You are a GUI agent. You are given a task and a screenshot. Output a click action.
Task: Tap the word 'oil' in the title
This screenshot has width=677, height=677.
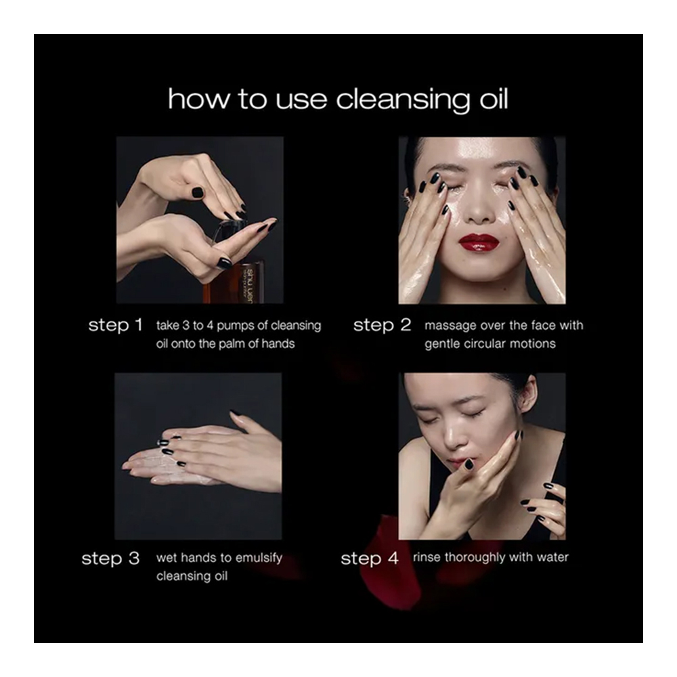tap(494, 98)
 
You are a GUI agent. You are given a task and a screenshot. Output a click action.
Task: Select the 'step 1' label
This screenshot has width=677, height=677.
tap(115, 326)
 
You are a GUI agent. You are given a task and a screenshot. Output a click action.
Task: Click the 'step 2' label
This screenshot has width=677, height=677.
tap(382, 326)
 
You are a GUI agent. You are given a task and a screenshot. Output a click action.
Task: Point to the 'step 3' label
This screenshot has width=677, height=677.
tap(110, 559)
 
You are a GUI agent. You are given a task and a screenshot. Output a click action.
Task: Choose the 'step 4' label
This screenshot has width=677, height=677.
tap(370, 559)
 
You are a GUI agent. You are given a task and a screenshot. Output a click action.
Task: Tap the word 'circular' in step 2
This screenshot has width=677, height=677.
tap(485, 344)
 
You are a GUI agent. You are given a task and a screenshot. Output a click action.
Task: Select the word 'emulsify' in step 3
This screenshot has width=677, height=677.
tap(259, 559)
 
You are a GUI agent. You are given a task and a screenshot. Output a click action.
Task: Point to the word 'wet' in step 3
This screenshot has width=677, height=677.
tap(166, 558)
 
